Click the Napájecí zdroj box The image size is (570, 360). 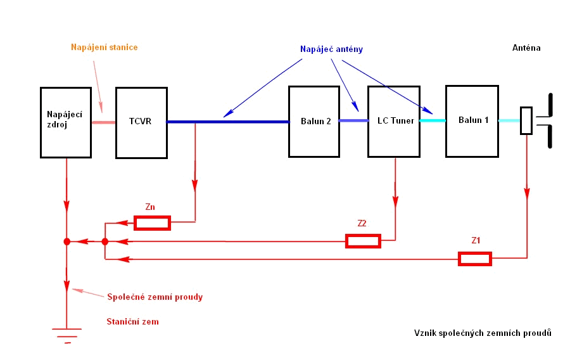tap(66, 122)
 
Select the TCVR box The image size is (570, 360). tap(141, 122)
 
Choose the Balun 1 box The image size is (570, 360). tap(472, 121)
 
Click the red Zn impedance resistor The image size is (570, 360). tap(152, 222)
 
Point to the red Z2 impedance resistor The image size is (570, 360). tap(363, 241)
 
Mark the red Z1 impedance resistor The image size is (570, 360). tap(475, 258)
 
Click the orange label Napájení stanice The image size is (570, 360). tap(104, 48)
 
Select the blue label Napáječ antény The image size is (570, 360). tap(331, 49)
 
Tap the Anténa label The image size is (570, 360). tap(526, 48)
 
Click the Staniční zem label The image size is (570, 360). tap(132, 321)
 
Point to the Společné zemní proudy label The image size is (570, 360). tap(155, 296)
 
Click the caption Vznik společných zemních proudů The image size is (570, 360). tap(483, 333)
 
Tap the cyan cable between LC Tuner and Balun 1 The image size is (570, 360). tap(432, 120)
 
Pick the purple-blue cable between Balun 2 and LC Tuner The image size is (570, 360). tap(353, 120)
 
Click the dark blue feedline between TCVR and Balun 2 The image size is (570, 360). tap(228, 121)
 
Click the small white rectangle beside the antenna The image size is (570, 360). tap(526, 120)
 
